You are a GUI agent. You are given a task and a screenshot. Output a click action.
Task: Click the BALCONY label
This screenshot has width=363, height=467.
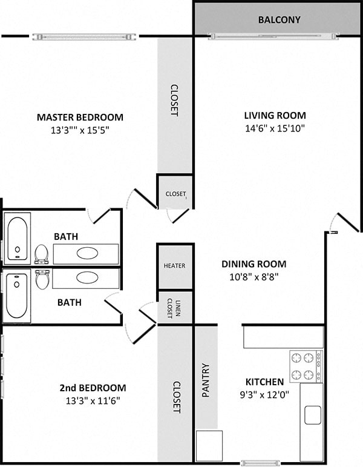[279, 19]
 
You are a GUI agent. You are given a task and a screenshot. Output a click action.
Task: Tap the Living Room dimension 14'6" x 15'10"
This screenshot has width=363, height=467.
[275, 128]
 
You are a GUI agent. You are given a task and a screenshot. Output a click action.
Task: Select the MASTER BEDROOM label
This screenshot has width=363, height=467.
[80, 117]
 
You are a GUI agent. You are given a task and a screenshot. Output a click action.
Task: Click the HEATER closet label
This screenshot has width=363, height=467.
[174, 266]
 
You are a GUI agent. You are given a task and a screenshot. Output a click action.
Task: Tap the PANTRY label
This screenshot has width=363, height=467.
[206, 380]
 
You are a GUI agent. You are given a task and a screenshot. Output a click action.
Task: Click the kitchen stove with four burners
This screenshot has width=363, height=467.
[306, 366]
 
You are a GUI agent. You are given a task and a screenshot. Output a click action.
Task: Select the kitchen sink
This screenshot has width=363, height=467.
[313, 415]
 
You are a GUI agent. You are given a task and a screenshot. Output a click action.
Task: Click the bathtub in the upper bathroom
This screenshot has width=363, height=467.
[17, 238]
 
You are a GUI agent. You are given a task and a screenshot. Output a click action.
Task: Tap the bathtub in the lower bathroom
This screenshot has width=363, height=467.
[17, 296]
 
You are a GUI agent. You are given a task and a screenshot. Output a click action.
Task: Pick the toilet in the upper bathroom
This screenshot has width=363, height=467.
[41, 253]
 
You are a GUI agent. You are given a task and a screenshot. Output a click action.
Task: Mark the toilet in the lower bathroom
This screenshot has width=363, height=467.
[42, 279]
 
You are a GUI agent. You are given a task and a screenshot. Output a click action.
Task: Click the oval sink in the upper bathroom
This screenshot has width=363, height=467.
[87, 253]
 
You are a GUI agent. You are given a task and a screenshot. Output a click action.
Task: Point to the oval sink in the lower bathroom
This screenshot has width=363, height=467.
[87, 278]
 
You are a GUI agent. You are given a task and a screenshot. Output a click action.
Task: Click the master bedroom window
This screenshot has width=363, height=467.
[84, 37]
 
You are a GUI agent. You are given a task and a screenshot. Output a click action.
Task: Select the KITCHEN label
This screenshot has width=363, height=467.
[264, 382]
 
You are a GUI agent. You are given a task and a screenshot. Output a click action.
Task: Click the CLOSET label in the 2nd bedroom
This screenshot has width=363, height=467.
[176, 397]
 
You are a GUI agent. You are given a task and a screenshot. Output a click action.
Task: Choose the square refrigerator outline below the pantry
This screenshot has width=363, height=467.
[209, 446]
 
